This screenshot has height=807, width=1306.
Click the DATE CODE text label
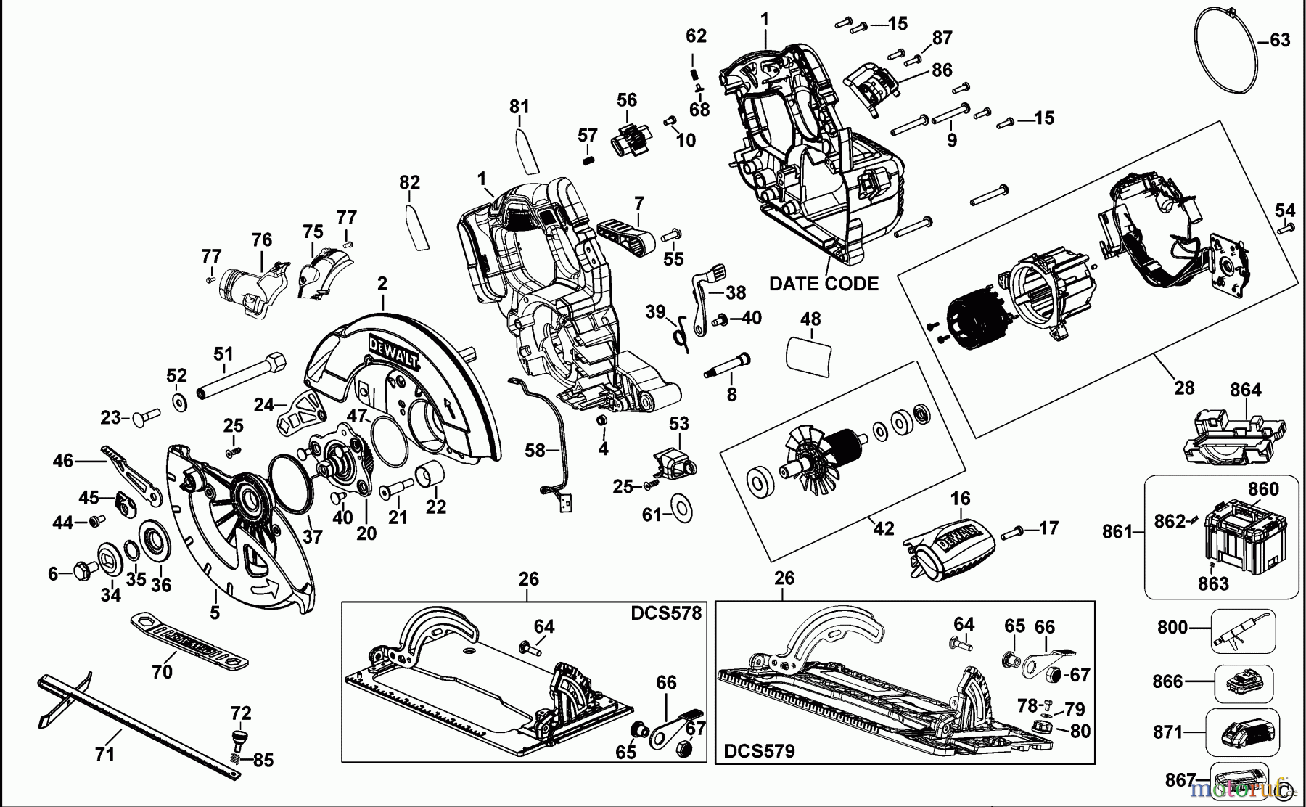coord(824,284)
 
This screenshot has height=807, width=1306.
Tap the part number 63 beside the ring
coord(1280,40)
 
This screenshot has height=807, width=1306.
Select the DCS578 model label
coord(666,613)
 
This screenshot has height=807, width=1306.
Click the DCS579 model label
coord(759,751)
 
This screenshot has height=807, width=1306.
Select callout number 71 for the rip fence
coord(104,754)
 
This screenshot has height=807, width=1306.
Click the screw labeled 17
coord(1014,534)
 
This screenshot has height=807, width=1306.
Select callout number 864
coord(1245,390)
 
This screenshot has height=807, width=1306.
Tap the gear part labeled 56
coord(629,137)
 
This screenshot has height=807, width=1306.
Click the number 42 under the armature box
coord(883,529)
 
